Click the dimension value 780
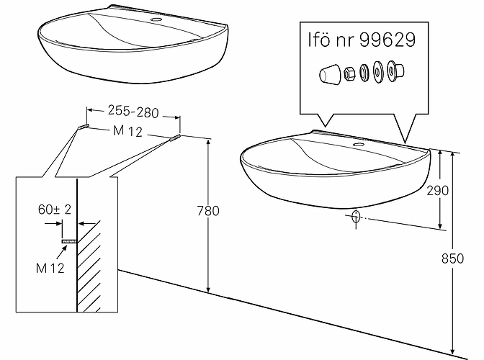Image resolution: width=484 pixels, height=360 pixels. click(x=208, y=211)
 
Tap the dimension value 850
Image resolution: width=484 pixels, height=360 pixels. click(x=452, y=258)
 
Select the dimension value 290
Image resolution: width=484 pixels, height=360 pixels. click(x=438, y=191)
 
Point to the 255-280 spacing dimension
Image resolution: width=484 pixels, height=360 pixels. click(x=133, y=112)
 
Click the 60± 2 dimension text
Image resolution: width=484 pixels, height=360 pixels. click(x=55, y=210)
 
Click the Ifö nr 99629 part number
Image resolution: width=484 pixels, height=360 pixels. click(x=362, y=40)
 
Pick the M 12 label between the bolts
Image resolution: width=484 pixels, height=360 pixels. click(x=127, y=131)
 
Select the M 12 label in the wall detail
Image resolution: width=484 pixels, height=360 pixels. click(x=50, y=268)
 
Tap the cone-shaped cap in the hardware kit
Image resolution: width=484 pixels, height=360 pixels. click(x=330, y=74)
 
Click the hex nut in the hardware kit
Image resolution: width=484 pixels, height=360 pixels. click(x=349, y=73)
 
